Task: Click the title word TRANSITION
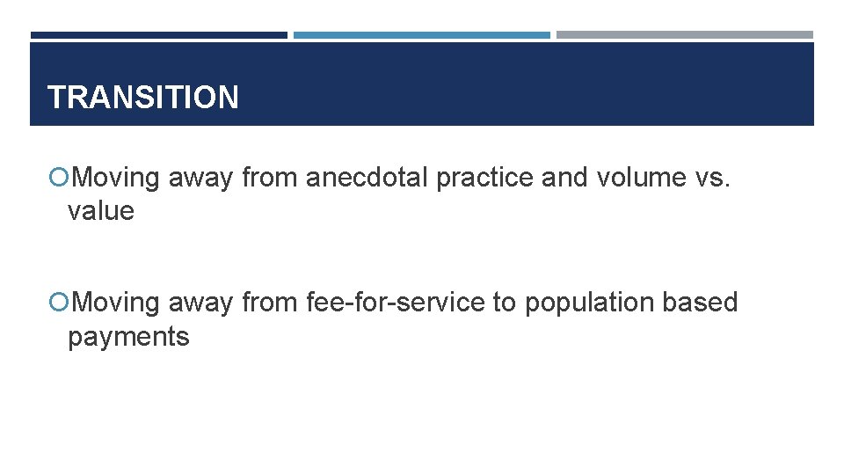(142, 97)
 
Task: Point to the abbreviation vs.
(713, 178)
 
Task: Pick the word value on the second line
(101, 211)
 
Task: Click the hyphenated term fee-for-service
(395, 303)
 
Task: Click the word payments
(128, 337)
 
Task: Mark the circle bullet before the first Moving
(59, 179)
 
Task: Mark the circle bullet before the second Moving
(59, 303)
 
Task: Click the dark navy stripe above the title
(158, 35)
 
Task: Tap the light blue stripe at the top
(421, 35)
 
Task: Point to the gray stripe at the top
(685, 35)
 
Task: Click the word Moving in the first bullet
(116, 178)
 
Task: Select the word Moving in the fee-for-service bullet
(116, 303)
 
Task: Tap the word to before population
(504, 303)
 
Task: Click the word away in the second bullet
(200, 303)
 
